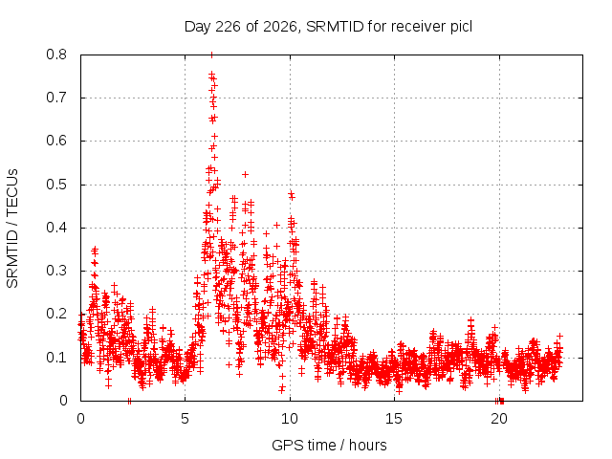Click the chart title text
pos(328,27)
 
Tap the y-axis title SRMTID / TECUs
pos(12,229)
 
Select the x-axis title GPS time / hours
pos(329,445)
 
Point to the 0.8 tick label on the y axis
pos(56,55)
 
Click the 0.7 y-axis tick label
pos(56,98)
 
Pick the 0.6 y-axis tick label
pos(56,141)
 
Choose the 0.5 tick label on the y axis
pos(56,185)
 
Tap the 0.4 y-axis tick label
pos(56,228)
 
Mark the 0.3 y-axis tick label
pos(56,271)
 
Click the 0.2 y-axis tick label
pos(56,314)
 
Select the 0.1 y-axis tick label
pos(56,358)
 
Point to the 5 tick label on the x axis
pos(185,419)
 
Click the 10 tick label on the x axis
pos(290,419)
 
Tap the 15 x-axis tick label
pos(394,419)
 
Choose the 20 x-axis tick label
pos(499,419)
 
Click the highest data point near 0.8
pos(211,55)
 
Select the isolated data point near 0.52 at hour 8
pos(245,174)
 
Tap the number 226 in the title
pos(229,27)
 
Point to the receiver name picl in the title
pos(461,27)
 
